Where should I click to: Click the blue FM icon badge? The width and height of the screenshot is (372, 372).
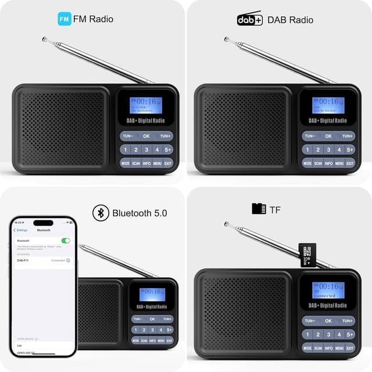[x=64, y=19]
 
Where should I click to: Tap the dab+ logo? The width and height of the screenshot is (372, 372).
[x=249, y=19]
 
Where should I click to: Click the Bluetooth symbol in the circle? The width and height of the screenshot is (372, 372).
[x=101, y=213]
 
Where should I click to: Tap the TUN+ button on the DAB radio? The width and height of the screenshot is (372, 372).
[x=348, y=136]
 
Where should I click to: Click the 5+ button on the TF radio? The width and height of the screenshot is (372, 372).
[x=350, y=334]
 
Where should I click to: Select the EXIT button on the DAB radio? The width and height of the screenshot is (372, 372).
[x=350, y=163]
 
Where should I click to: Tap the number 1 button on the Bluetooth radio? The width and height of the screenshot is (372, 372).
[x=136, y=330]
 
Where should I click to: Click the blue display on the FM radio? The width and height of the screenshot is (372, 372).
[x=146, y=105]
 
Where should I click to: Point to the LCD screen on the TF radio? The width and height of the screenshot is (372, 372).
[x=328, y=290]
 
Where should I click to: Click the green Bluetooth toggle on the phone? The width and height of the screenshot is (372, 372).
[x=66, y=240]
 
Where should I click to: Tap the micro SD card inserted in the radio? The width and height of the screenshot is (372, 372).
[x=307, y=254]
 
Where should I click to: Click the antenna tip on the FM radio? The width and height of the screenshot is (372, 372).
[x=44, y=39]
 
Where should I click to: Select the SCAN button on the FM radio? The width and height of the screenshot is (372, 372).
[x=136, y=163]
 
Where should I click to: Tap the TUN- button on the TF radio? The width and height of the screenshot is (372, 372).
[x=309, y=321]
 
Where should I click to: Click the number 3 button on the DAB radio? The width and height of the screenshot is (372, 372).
[x=328, y=149]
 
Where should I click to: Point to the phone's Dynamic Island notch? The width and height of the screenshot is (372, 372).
[x=43, y=223]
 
